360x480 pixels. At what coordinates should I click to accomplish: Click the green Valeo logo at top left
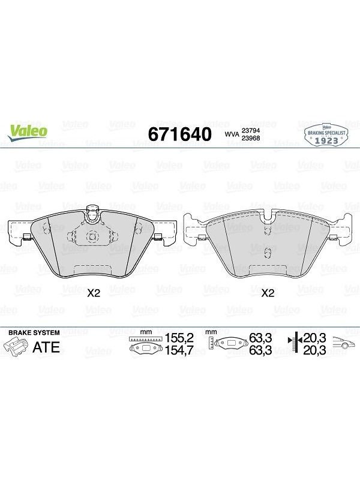pos(28,133)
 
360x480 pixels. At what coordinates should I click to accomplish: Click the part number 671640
pos(179,134)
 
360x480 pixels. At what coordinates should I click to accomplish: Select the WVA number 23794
pos(251,131)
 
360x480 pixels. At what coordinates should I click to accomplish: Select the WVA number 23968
pos(251,138)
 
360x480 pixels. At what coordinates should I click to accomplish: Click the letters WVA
pos(232,134)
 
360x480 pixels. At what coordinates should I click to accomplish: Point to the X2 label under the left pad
pos(94,293)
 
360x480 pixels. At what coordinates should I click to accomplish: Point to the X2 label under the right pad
pos(268,293)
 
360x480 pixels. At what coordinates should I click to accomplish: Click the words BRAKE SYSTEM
pos(34,333)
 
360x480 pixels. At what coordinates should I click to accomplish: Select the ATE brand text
pos(46,347)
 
